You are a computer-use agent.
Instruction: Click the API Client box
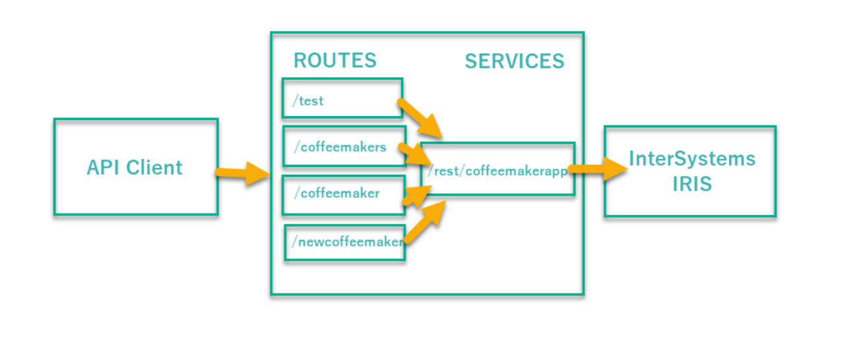point(135,167)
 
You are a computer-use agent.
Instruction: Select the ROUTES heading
point(334,61)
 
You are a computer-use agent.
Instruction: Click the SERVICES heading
point(515,61)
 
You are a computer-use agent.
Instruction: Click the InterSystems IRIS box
point(690,171)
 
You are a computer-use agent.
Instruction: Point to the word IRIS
point(692,184)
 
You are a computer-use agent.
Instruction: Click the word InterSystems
point(692,159)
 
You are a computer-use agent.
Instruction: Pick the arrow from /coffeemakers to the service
point(414,153)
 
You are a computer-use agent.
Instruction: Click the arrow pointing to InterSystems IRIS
point(597,169)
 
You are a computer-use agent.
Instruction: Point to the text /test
point(308,101)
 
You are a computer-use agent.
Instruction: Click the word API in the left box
point(104,167)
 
